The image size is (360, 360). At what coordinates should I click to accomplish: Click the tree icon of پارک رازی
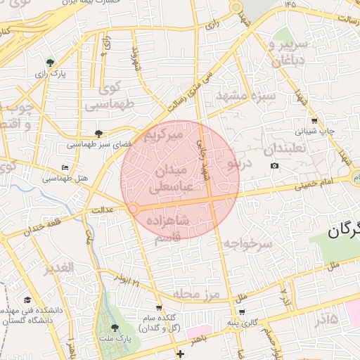pos(49,63)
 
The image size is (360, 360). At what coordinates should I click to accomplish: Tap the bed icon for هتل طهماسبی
pos(65,168)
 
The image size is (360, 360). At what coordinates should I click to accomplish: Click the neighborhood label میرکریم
pos(163,134)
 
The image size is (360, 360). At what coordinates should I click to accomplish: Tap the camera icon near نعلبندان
pos(274,166)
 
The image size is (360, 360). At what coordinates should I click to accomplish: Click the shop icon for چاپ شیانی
pos(314,120)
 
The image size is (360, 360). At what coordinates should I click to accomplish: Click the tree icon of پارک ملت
pos(115,328)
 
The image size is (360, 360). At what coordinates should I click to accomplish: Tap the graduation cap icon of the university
pos(27,300)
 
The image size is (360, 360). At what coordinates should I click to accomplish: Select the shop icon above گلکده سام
pos(159,307)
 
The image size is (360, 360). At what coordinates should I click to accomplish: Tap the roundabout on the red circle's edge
pos(133,209)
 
